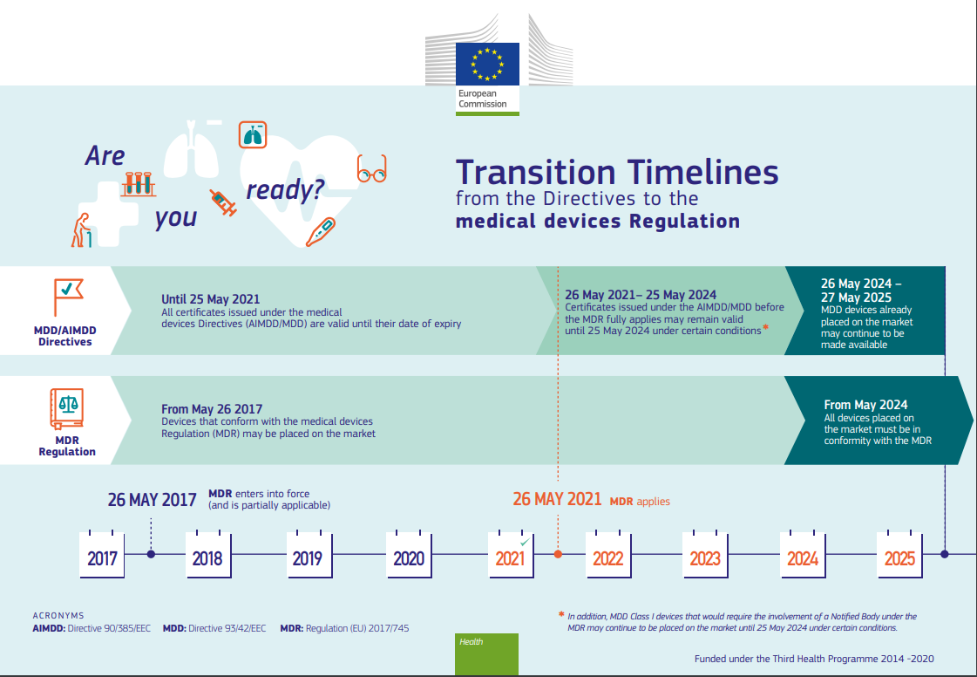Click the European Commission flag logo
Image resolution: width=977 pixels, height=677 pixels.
(487, 65)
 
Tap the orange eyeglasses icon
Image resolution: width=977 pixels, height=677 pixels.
(372, 169)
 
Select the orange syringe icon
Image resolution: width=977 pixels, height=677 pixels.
(223, 202)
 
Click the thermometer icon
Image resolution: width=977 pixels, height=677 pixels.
(320, 232)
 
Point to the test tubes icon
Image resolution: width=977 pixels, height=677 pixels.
(139, 184)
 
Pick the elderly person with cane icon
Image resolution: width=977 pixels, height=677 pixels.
(82, 230)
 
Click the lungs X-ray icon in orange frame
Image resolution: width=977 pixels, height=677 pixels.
(253, 134)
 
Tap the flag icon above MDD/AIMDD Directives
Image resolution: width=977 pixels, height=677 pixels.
(67, 297)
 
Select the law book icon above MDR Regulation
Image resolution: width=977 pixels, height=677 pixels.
(66, 409)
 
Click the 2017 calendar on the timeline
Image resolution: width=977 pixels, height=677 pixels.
(102, 555)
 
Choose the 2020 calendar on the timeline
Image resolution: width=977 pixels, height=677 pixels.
(409, 555)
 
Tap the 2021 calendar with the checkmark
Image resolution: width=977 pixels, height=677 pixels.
(511, 555)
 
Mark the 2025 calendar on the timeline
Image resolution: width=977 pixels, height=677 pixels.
(899, 555)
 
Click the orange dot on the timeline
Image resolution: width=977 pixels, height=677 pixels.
(559, 554)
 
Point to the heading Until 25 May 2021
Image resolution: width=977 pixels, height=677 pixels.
(211, 299)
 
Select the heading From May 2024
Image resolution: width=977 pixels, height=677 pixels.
(865, 405)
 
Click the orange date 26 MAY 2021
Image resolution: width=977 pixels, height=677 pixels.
(557, 499)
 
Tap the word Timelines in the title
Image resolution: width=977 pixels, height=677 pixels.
(702, 172)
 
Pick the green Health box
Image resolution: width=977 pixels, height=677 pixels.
(486, 654)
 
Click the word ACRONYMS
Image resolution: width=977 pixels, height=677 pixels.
(58, 616)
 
